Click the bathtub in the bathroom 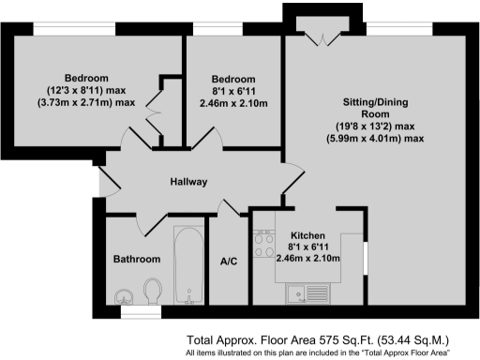(x=188, y=262)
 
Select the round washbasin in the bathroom (x=122, y=297)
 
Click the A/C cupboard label (x=226, y=262)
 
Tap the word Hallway (x=187, y=182)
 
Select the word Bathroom (x=137, y=259)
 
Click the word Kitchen (x=307, y=235)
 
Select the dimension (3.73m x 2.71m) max (x=86, y=101)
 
